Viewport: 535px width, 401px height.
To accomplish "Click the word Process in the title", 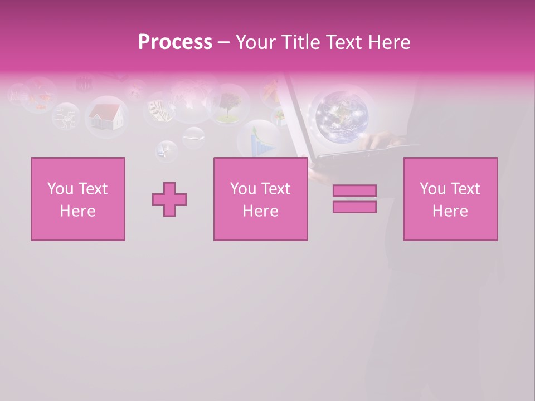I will coord(175,42).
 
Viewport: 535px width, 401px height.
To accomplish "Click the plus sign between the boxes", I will coord(169,199).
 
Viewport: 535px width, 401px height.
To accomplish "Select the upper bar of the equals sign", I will coord(354,191).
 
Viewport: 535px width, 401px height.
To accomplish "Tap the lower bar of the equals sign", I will coord(354,207).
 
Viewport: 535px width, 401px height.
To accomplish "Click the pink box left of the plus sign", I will coord(78,199).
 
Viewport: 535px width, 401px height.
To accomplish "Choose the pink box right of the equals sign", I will coord(450,199).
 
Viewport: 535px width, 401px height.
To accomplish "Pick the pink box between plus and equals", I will coord(261,199).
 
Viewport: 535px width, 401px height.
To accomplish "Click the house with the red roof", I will coord(106,116).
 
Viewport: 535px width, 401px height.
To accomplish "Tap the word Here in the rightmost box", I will coord(450,211).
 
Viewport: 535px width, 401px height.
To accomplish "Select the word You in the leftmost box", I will coord(60,189).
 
